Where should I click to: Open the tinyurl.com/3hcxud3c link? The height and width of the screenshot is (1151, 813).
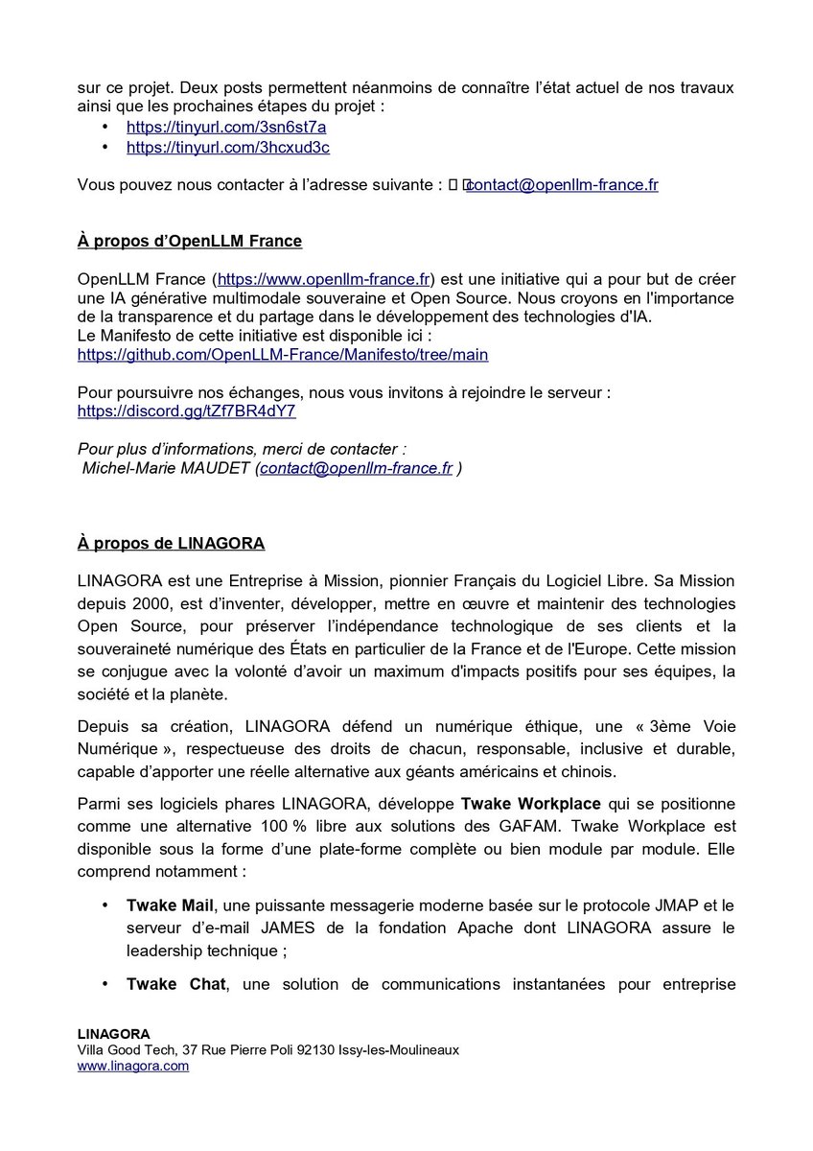pyautogui.click(x=228, y=148)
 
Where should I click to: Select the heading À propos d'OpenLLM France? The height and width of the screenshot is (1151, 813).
pyautogui.click(x=190, y=241)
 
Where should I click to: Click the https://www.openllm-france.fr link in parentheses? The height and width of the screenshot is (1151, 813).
pyautogui.click(x=324, y=279)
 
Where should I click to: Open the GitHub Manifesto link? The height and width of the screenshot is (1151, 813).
pyautogui.click(x=283, y=355)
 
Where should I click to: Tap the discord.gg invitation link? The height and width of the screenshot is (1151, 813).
pyautogui.click(x=186, y=411)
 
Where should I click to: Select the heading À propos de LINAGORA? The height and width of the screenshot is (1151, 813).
pyautogui.click(x=171, y=544)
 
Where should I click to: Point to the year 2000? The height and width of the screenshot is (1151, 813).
pyautogui.click(x=140, y=604)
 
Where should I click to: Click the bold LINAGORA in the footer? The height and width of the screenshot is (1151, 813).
pyautogui.click(x=113, y=1034)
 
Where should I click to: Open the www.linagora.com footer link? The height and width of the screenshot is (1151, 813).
pyautogui.click(x=132, y=1066)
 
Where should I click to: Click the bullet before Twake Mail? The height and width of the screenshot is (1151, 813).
pyautogui.click(x=105, y=905)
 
